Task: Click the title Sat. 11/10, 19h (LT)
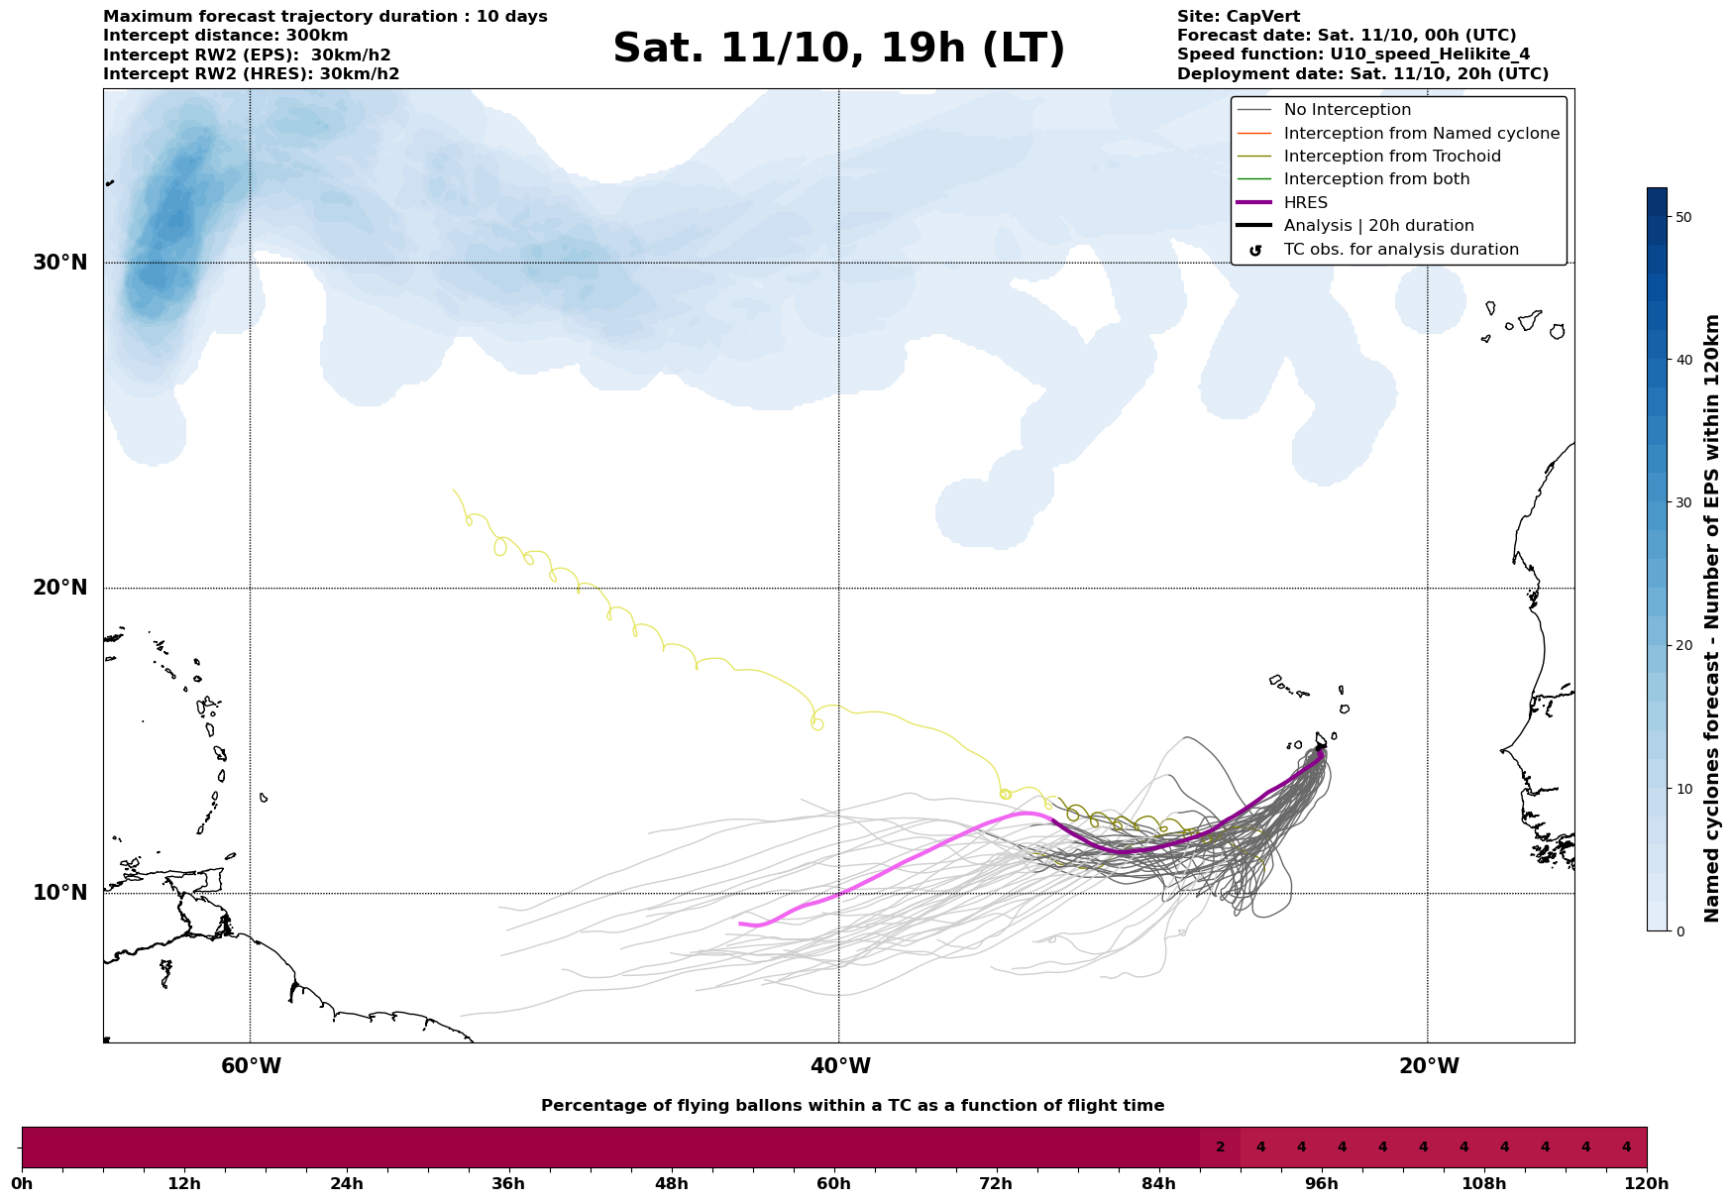point(838,49)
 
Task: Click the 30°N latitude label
point(60,263)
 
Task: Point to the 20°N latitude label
point(60,588)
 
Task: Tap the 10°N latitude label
point(60,893)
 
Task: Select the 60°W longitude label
point(251,1066)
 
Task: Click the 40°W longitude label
point(839,1066)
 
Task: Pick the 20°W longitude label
point(1428,1066)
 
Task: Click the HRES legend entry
point(1305,203)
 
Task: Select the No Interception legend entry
point(1347,110)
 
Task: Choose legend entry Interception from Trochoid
point(1391,157)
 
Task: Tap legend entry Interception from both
point(1376,179)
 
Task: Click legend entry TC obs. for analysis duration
point(1400,250)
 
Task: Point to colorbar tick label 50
point(1683,217)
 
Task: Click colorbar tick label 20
point(1683,646)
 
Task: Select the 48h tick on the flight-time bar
point(671,1183)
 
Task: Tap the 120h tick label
point(1647,1183)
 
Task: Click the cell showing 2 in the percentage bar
point(1220,1147)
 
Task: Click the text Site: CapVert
point(1238,17)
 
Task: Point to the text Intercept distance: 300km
point(225,36)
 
